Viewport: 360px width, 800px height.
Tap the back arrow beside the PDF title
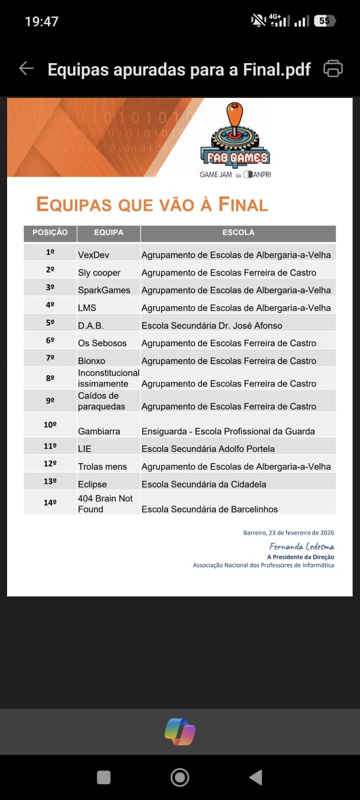click(26, 68)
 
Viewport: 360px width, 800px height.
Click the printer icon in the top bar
click(333, 68)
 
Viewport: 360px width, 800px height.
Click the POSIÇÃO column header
click(50, 232)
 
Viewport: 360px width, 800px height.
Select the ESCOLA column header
click(238, 232)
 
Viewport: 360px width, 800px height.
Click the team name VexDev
click(93, 255)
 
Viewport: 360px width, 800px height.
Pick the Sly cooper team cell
click(99, 273)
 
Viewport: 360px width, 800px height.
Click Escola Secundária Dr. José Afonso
click(212, 326)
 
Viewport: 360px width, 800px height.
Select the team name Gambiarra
click(99, 431)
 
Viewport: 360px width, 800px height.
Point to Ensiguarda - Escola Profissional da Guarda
click(228, 431)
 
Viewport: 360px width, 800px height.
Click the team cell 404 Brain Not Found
click(105, 504)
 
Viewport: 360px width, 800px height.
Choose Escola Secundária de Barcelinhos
click(210, 509)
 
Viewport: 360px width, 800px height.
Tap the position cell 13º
click(50, 481)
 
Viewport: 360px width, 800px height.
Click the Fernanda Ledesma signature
click(302, 546)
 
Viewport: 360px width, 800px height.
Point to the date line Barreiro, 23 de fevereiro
click(289, 533)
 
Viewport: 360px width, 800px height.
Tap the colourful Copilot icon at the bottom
click(180, 732)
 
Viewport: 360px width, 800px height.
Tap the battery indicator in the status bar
click(325, 21)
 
